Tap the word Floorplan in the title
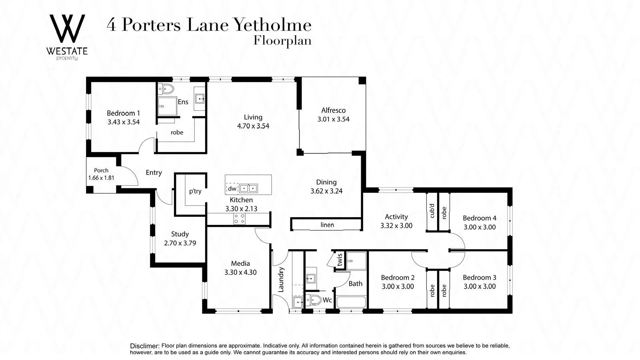point(282,41)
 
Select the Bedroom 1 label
point(123,113)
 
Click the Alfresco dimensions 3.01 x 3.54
point(333,119)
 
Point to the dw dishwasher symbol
point(232,188)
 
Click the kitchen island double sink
point(248,188)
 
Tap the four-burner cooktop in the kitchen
point(239,218)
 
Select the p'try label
point(195,191)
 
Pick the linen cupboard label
point(327,225)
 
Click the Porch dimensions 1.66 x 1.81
point(101,178)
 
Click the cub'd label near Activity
point(431,211)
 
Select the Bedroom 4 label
point(479,218)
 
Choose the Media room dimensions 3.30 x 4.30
point(240,272)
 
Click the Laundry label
point(281,279)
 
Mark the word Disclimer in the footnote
point(144,346)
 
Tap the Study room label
point(180,234)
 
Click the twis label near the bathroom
point(340,260)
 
